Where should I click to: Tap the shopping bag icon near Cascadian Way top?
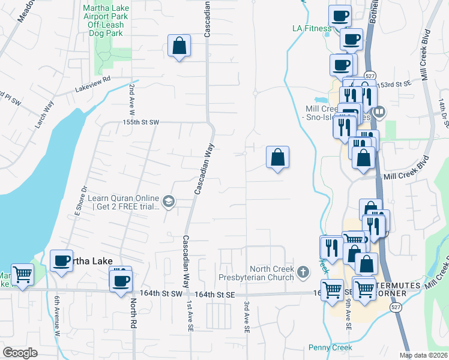(179, 46)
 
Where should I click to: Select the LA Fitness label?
(312, 28)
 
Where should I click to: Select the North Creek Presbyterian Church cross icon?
(304, 272)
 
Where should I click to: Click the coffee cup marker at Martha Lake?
(61, 261)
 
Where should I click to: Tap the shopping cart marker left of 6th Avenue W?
(22, 275)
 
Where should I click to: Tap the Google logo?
(20, 352)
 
